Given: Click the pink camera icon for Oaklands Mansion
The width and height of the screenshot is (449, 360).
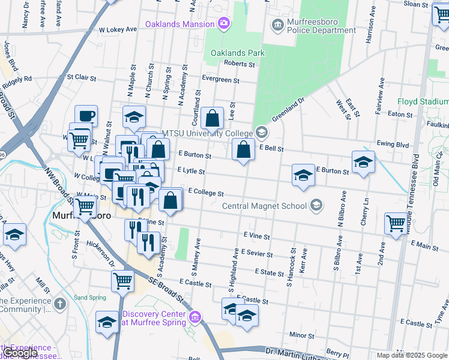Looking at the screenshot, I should [x=224, y=24].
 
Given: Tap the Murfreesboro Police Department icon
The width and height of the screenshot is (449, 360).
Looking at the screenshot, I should [x=277, y=24].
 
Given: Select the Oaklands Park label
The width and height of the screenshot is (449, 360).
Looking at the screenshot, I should [x=238, y=53].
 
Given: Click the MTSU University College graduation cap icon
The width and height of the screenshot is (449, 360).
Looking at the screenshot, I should [x=261, y=132].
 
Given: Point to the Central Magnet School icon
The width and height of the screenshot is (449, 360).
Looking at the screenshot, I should [x=316, y=206].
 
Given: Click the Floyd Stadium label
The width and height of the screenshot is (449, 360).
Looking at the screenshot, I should [x=423, y=102].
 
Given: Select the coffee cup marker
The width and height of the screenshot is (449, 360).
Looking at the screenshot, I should [x=86, y=115].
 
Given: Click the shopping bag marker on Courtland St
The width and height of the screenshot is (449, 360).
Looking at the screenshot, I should [x=212, y=118].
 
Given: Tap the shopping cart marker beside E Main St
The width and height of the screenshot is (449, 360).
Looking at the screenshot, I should [x=396, y=223].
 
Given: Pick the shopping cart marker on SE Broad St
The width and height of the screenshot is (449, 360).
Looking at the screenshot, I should [x=123, y=280].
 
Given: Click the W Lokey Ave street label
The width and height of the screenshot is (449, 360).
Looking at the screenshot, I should [x=119, y=29].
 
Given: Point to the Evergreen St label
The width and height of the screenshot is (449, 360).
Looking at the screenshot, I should [x=220, y=80].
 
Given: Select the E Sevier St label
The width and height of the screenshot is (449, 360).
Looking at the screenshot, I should [x=257, y=254].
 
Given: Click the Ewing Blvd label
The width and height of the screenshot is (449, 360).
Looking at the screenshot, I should [x=393, y=145].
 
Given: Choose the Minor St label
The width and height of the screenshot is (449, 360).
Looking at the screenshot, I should [x=298, y=335].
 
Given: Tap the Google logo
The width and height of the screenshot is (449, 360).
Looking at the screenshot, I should [x=20, y=353].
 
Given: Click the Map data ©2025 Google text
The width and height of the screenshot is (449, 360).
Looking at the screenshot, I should [x=411, y=355].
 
